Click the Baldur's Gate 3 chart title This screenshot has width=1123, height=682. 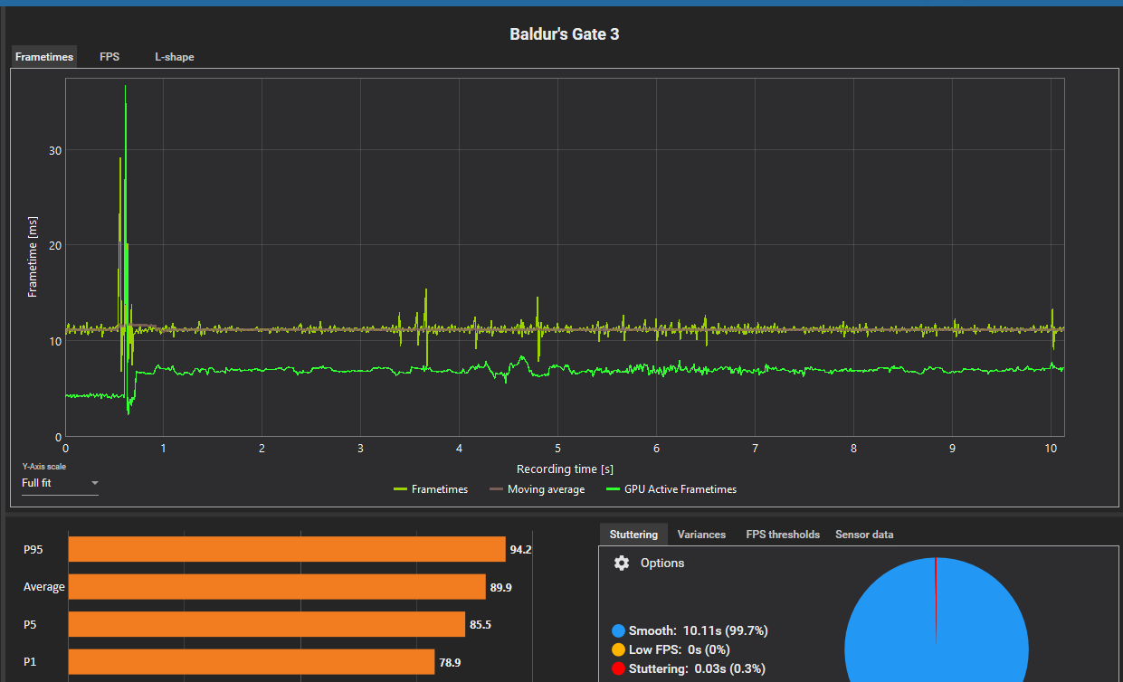point(564,34)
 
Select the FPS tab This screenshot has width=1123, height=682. point(109,57)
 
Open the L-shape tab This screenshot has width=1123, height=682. point(174,57)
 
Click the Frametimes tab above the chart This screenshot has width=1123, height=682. point(44,57)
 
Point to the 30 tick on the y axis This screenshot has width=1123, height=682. point(55,150)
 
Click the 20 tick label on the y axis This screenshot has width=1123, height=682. point(55,245)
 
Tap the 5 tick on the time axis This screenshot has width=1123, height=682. point(557,449)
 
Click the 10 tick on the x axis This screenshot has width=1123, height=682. point(1050,449)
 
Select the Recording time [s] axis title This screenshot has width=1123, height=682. point(565,469)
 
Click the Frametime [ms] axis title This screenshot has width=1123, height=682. point(33,258)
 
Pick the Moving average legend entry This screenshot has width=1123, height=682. point(537,489)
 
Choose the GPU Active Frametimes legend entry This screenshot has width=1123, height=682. point(671,489)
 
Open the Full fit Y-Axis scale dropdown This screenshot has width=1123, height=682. point(60,483)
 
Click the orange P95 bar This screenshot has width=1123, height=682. point(287,549)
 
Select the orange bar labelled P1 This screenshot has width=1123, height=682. point(252,662)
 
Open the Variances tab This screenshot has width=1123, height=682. point(701,535)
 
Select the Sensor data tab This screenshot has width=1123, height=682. point(864,535)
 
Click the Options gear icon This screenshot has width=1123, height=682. point(622,564)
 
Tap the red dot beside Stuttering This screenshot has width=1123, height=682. point(619,668)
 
